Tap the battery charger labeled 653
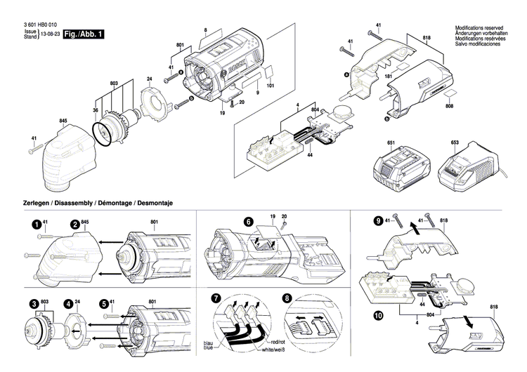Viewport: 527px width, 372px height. click(464, 172)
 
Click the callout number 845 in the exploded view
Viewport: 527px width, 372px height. click(63, 121)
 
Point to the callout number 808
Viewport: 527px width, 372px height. click(450, 105)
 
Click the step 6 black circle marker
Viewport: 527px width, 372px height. click(248, 221)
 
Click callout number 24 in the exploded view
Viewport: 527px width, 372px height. click(149, 78)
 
